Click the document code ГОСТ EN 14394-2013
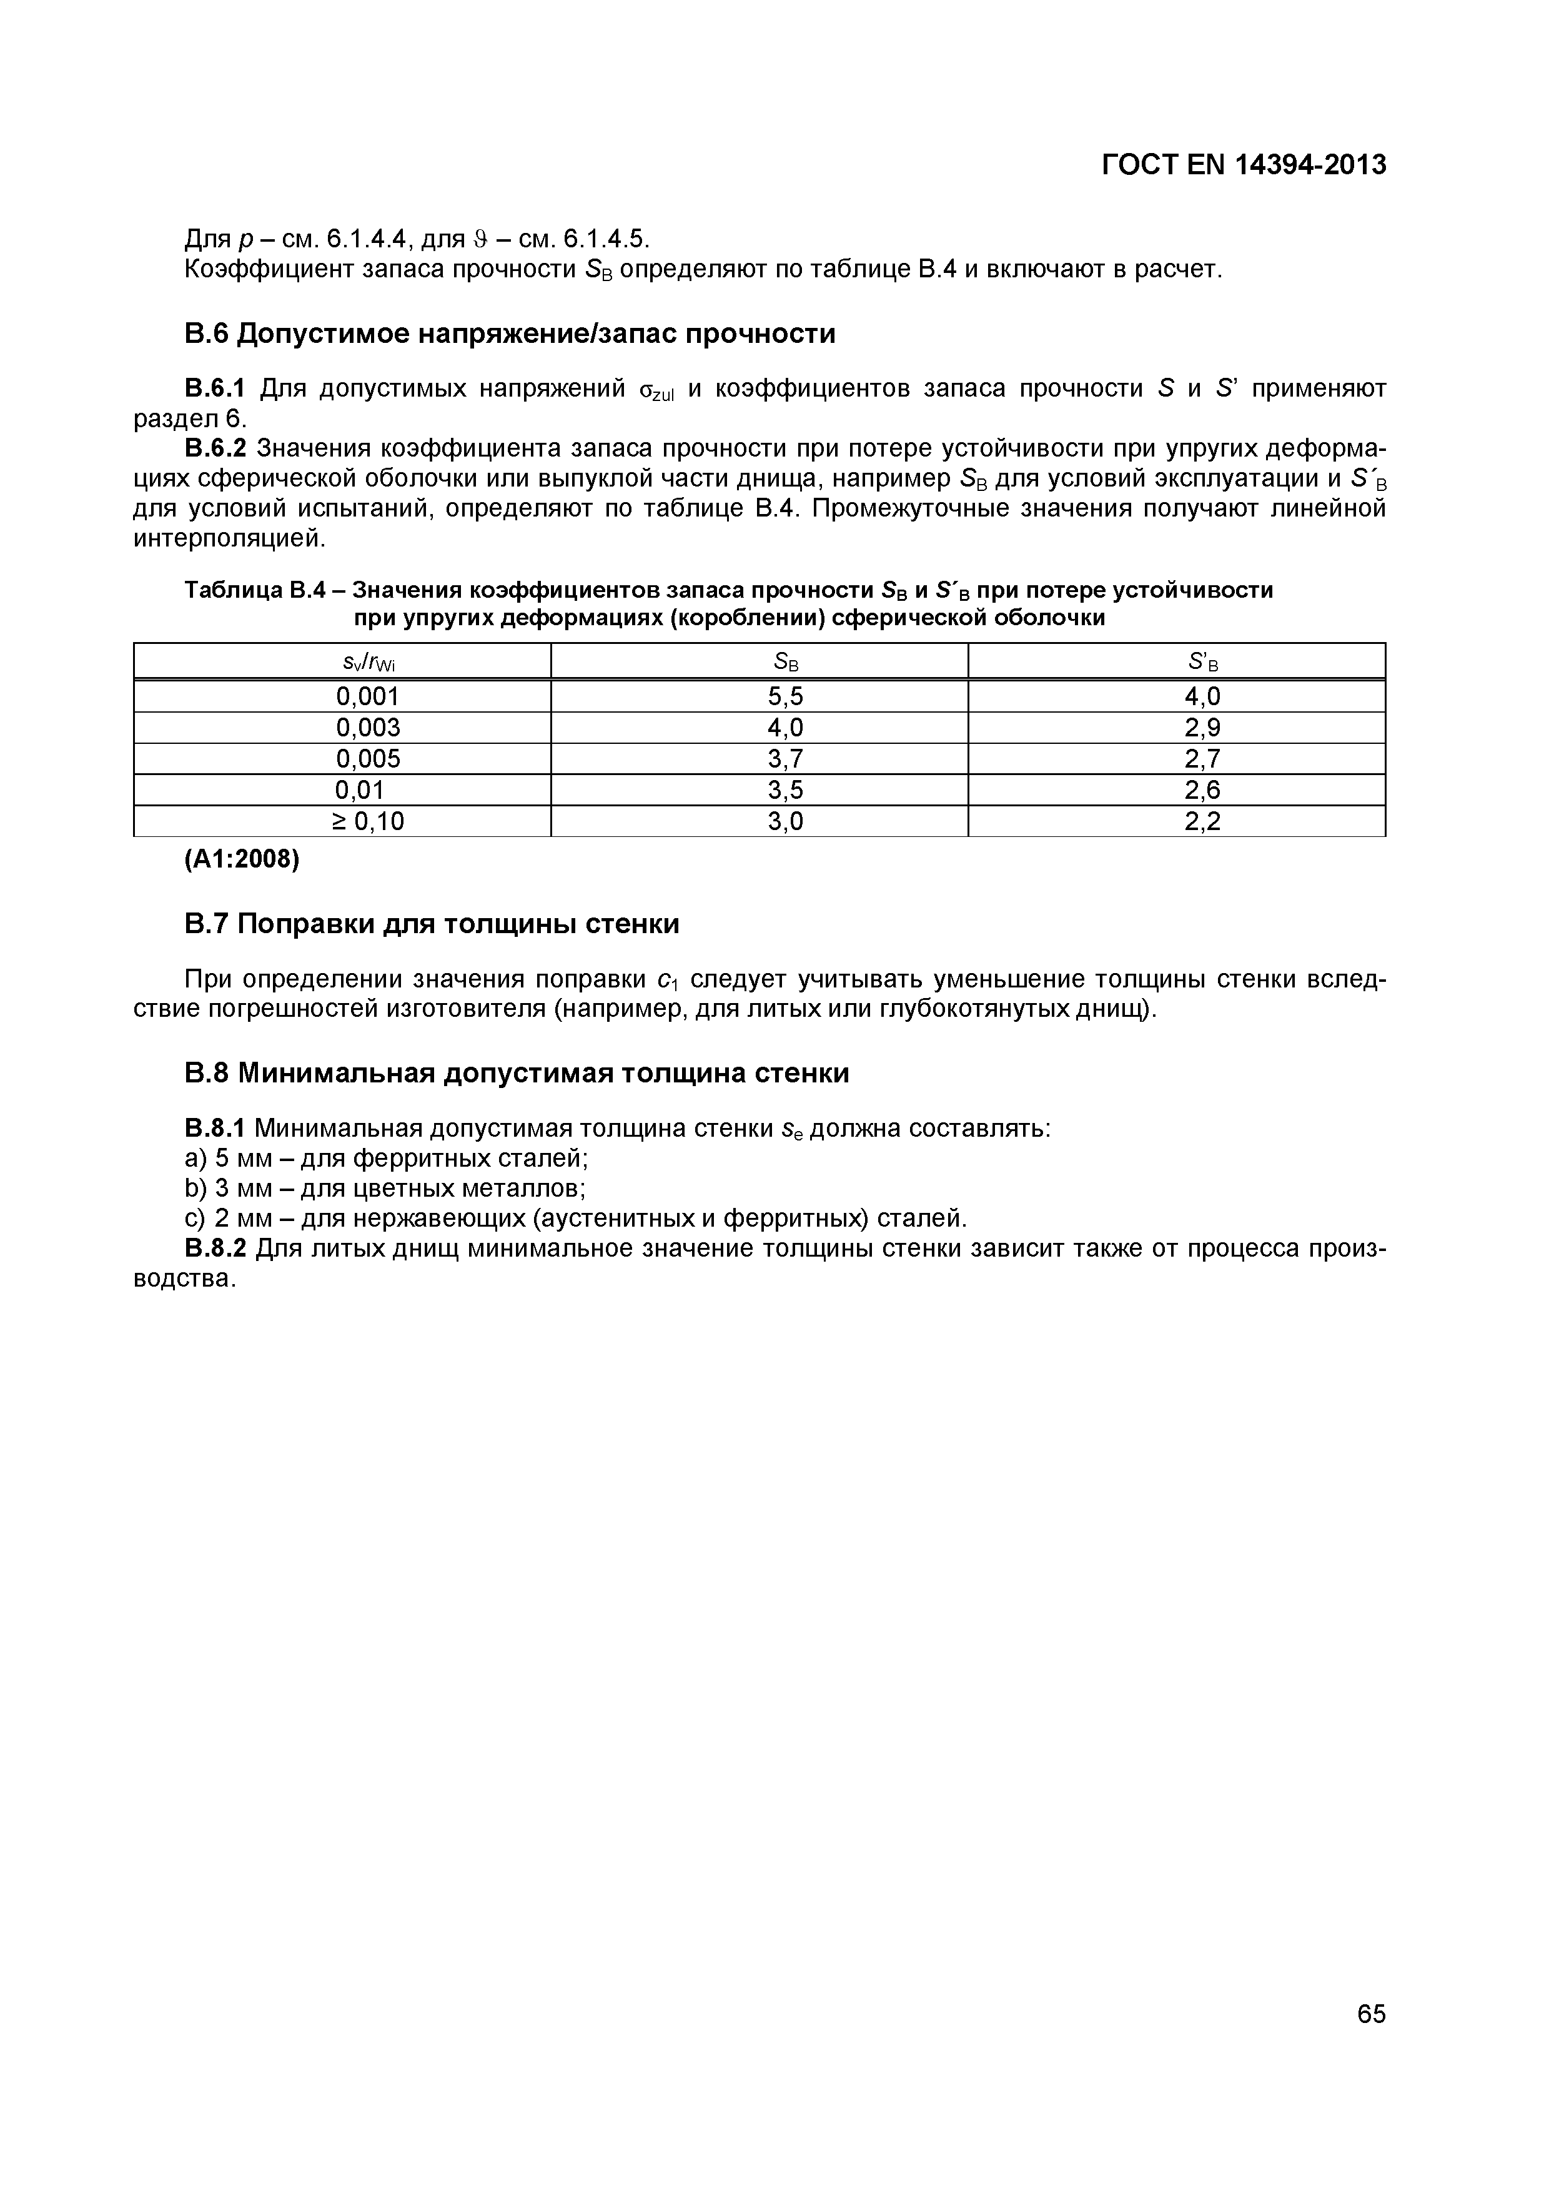(x=1243, y=165)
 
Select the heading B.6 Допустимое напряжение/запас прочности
(x=508, y=334)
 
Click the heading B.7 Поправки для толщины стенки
(x=432, y=924)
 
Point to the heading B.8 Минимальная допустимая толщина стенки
(x=515, y=1074)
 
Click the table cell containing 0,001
(x=367, y=696)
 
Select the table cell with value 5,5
(x=784, y=696)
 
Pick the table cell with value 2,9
(x=1202, y=728)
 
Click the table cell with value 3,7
(x=784, y=759)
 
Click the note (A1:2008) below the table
(x=242, y=860)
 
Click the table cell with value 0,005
(x=367, y=759)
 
